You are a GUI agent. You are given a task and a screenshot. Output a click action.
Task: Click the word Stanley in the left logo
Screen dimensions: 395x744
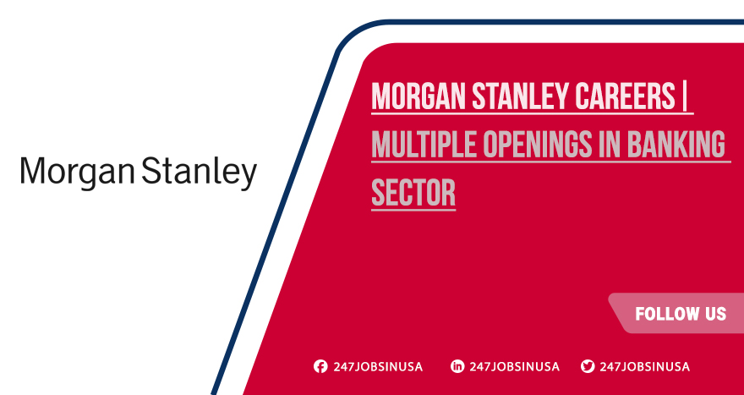(200, 173)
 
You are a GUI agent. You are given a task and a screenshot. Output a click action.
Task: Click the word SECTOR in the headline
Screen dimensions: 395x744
(413, 194)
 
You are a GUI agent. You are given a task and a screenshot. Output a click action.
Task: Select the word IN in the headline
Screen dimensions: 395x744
(610, 145)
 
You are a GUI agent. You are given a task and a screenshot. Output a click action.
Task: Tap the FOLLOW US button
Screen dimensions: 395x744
(680, 314)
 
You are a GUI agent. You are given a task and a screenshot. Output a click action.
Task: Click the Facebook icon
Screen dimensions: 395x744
(320, 366)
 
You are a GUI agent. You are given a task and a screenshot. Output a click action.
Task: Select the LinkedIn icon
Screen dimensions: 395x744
(457, 366)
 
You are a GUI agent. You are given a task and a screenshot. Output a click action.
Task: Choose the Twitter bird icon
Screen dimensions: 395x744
(588, 366)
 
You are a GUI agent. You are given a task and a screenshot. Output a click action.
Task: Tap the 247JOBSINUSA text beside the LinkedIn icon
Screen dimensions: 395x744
(514, 366)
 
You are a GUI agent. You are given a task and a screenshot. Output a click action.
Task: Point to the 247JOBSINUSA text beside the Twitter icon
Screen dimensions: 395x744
(644, 366)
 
